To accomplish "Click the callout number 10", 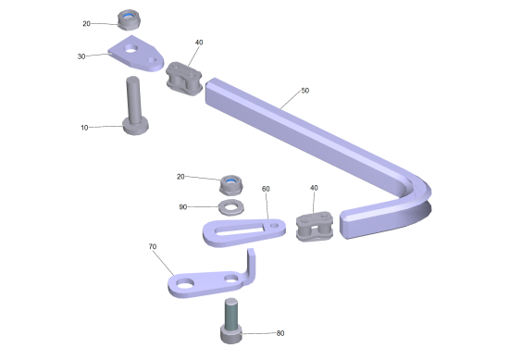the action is pyautogui.click(x=84, y=128).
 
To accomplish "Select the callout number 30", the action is pyautogui.click(x=81, y=56).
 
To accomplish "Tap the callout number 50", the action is pyautogui.click(x=305, y=91).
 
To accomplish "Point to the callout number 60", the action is pyautogui.click(x=266, y=189).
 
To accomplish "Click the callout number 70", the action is pyautogui.click(x=153, y=247).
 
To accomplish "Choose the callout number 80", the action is pyautogui.click(x=280, y=333).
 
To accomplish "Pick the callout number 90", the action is pyautogui.click(x=183, y=207).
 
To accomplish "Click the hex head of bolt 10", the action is pyautogui.click(x=136, y=127).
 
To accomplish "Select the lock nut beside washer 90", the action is pyautogui.click(x=231, y=185).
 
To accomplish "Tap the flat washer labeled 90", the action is pyautogui.click(x=231, y=207).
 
